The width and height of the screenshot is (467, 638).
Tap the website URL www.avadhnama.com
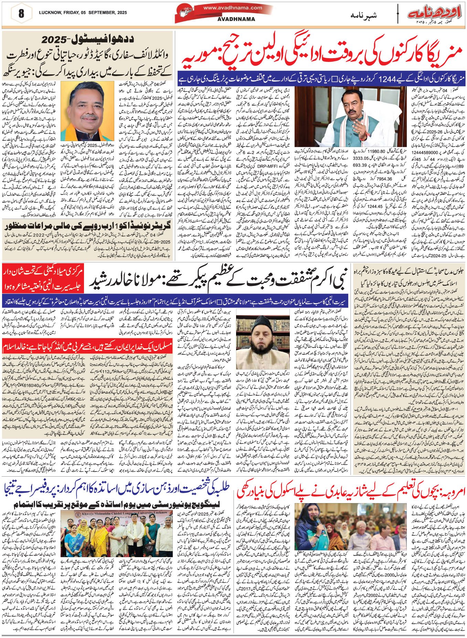click(235, 8)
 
